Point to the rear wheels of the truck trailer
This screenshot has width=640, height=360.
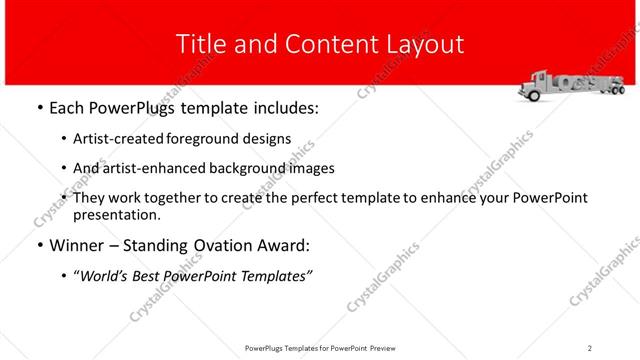pyautogui.click(x=599, y=94)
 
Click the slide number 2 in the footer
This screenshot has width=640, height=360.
pyautogui.click(x=589, y=348)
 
